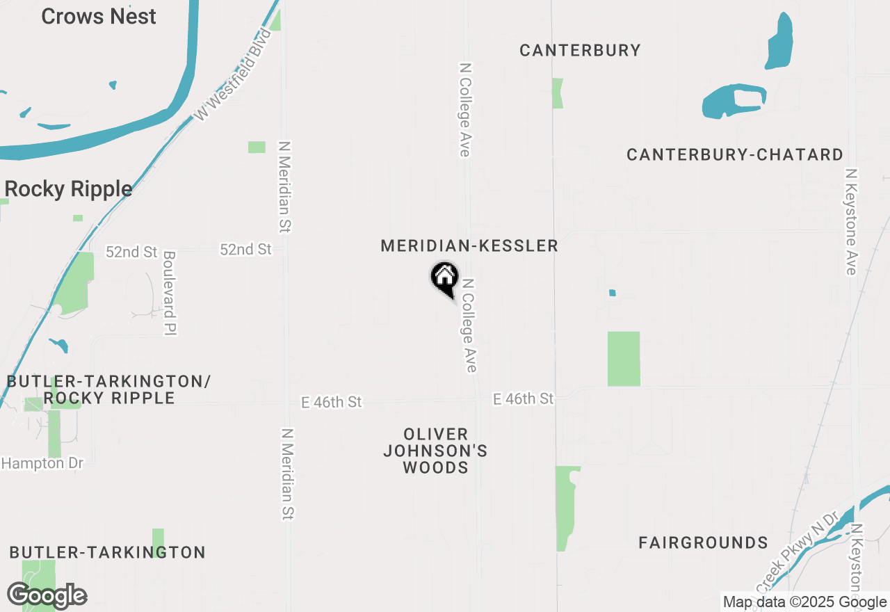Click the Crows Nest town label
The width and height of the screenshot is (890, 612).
[x=99, y=17]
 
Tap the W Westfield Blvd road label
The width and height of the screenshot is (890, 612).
[x=232, y=75]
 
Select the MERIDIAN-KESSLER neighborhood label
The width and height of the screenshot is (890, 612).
[x=469, y=245]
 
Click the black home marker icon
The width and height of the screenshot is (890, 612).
[x=444, y=278]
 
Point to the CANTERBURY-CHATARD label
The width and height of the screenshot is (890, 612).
[x=735, y=154]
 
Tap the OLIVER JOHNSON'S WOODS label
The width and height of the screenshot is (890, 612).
[x=436, y=451]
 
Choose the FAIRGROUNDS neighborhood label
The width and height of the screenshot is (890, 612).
[x=703, y=542]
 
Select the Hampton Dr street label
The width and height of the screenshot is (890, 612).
[x=42, y=463]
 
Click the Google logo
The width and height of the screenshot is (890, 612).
[x=47, y=596]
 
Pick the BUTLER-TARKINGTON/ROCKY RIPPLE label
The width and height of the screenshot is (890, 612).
[x=108, y=389]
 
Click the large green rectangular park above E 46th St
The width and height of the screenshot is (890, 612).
[x=624, y=359]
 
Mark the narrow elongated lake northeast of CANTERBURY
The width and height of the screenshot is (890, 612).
[x=779, y=42]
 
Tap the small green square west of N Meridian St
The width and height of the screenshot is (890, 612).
[x=257, y=147]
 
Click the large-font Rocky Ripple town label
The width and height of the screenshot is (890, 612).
[x=68, y=189]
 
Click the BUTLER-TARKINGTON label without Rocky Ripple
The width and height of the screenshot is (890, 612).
[x=108, y=552]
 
